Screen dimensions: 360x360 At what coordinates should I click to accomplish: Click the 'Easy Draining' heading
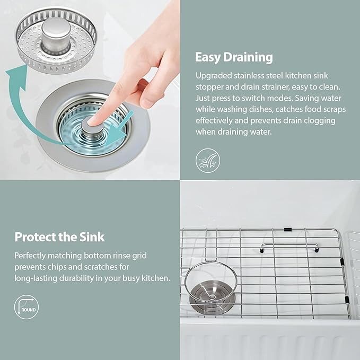234,57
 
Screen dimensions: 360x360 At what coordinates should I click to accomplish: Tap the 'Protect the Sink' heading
59,236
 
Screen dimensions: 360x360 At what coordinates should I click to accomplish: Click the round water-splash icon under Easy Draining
208,161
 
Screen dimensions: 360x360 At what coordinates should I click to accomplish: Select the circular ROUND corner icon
27,307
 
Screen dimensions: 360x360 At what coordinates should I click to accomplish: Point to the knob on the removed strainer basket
56,34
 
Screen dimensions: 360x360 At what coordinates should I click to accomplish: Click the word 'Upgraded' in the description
214,76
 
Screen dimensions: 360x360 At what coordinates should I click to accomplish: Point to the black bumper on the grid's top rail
287,230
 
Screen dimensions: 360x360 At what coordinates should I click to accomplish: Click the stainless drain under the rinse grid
213,297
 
